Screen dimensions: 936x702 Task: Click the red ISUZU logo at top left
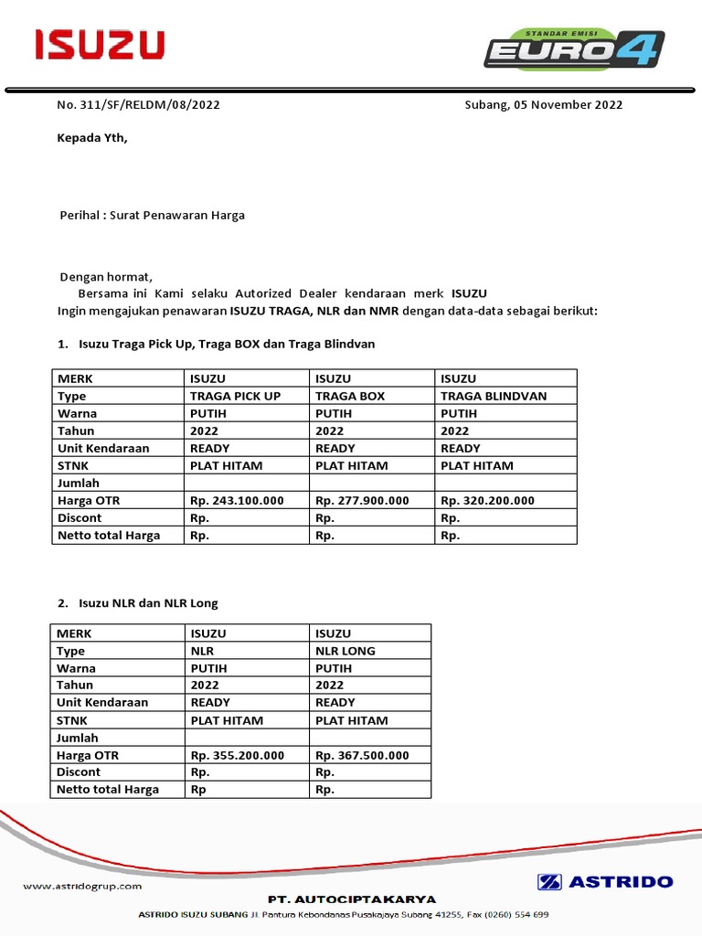tap(100, 45)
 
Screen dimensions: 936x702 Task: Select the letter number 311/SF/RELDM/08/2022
tap(138, 104)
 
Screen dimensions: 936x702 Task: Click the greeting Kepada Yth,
tap(92, 139)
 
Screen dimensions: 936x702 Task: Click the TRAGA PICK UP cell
tap(235, 396)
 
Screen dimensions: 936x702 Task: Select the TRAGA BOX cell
tap(350, 396)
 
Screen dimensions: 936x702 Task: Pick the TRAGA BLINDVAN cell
tap(494, 396)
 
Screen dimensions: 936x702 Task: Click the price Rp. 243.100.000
tap(237, 500)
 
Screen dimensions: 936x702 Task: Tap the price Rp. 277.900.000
tap(362, 500)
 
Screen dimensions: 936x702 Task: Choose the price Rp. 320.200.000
tap(487, 500)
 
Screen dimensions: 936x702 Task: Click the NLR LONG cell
tap(346, 651)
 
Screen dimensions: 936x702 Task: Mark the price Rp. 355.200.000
tap(237, 755)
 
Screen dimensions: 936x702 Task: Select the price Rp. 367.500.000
tap(362, 755)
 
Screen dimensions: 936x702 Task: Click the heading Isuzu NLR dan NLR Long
tap(148, 603)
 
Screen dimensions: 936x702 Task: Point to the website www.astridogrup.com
tap(82, 886)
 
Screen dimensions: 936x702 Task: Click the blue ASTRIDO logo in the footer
tap(605, 882)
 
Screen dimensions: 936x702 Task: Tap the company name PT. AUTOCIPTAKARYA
tap(352, 899)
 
